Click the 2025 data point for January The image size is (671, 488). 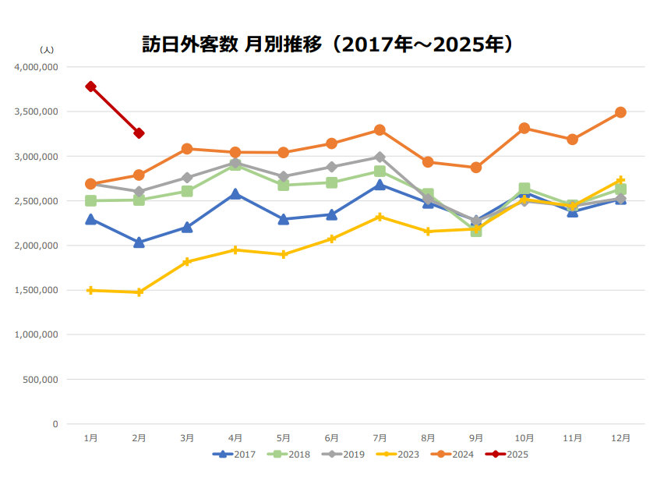tap(91, 87)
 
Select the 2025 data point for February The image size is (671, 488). tap(139, 133)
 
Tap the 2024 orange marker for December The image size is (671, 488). tap(620, 112)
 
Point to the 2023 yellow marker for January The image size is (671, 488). tap(91, 290)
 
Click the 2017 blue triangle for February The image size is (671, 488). tap(139, 242)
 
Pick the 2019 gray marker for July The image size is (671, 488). tap(380, 157)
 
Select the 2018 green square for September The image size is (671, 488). tap(476, 231)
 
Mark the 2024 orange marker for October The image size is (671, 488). tap(524, 128)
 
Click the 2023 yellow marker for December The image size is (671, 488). tap(620, 180)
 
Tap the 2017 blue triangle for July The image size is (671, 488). tap(380, 185)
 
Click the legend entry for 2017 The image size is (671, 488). tap(233, 454)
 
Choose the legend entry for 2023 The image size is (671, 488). tap(397, 454)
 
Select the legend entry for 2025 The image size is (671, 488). tap(506, 454)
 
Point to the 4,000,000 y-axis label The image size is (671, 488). tap(37, 67)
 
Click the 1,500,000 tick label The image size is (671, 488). tap(37, 290)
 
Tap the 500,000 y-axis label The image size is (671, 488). tap(41, 380)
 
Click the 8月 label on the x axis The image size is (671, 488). tap(428, 438)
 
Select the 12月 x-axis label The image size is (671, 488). tap(620, 438)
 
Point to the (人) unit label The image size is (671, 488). tap(46, 49)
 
